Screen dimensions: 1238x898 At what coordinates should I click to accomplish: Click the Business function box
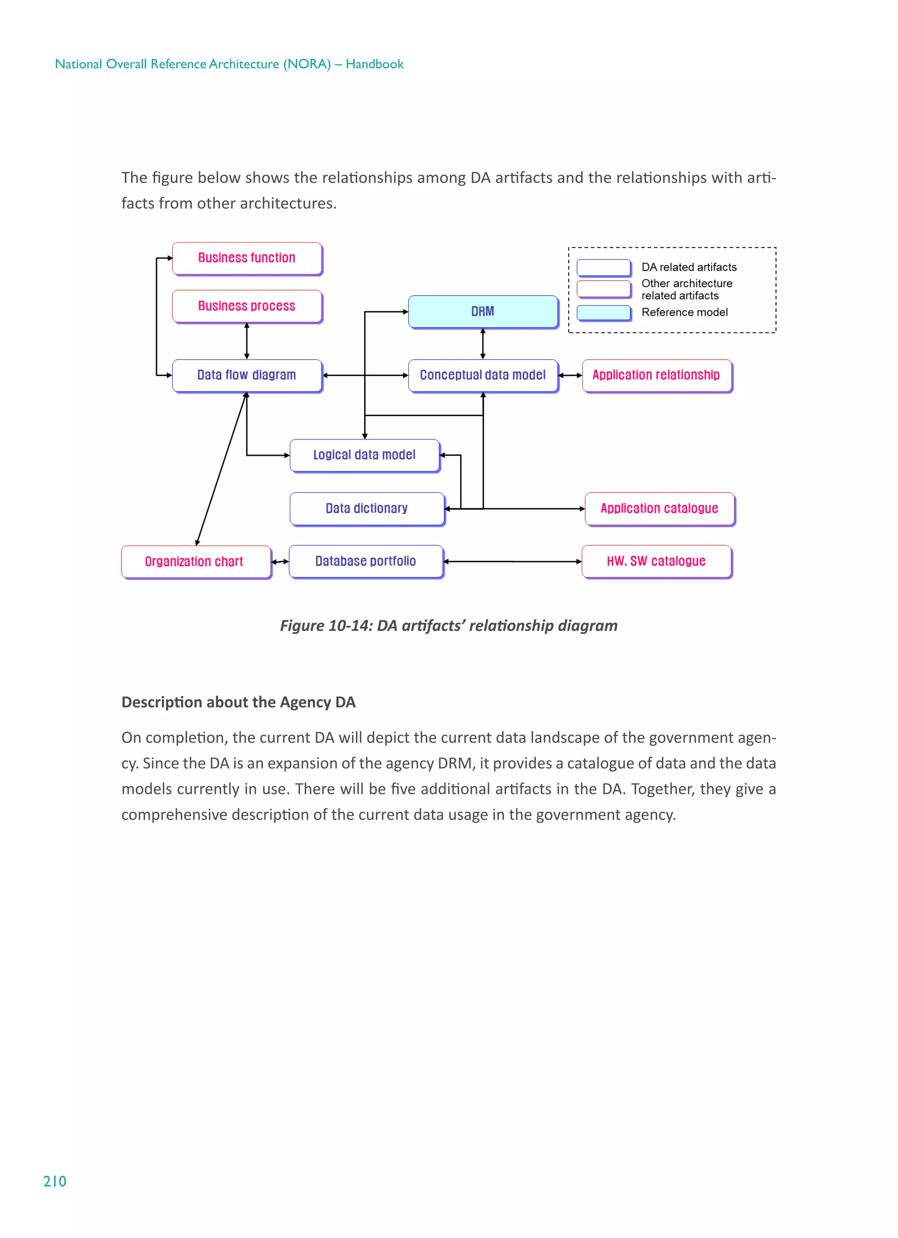(x=247, y=258)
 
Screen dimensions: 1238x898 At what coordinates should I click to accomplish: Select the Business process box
(x=247, y=306)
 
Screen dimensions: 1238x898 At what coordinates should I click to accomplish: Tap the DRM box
(x=483, y=312)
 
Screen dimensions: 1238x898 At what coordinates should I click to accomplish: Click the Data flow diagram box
(x=247, y=375)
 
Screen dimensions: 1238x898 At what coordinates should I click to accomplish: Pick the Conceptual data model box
(x=483, y=375)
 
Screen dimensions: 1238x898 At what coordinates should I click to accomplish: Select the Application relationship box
(x=656, y=375)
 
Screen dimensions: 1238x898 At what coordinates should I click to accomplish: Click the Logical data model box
(x=364, y=455)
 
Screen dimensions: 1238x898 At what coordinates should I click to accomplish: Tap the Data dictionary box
(x=367, y=508)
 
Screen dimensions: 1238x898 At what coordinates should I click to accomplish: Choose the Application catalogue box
(x=659, y=508)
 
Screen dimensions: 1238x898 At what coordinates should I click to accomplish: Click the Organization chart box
(x=195, y=561)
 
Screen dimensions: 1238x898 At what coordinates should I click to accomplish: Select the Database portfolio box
(x=366, y=561)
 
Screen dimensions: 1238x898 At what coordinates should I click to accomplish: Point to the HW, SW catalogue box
(x=656, y=561)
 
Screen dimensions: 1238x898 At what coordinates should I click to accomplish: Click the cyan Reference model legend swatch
(x=603, y=313)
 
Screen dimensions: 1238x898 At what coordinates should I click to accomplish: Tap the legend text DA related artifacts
(x=689, y=268)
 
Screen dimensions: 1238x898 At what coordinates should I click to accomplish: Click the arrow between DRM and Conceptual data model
(x=483, y=343)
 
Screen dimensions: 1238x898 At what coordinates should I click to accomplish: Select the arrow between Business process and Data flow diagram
(x=247, y=341)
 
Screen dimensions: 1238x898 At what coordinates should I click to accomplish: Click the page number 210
(x=54, y=1181)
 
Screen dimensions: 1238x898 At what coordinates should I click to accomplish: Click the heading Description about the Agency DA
(x=238, y=702)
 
